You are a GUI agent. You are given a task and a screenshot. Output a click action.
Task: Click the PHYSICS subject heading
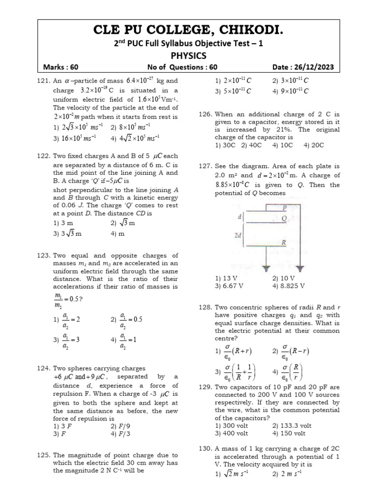(x=188, y=56)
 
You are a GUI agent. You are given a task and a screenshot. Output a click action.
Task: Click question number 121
(x=44, y=80)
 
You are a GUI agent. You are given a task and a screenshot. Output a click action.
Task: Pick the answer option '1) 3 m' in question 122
(x=62, y=223)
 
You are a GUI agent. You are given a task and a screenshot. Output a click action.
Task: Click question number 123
(x=44, y=255)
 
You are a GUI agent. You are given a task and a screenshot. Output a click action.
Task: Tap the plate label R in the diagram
(x=284, y=243)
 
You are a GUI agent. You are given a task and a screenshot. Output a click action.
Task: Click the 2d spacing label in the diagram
(x=238, y=235)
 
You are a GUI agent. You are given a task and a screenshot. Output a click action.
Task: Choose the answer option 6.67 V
(x=229, y=285)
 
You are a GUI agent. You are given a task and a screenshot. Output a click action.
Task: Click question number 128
(x=205, y=307)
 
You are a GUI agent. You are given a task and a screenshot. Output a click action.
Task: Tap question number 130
(x=205, y=449)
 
